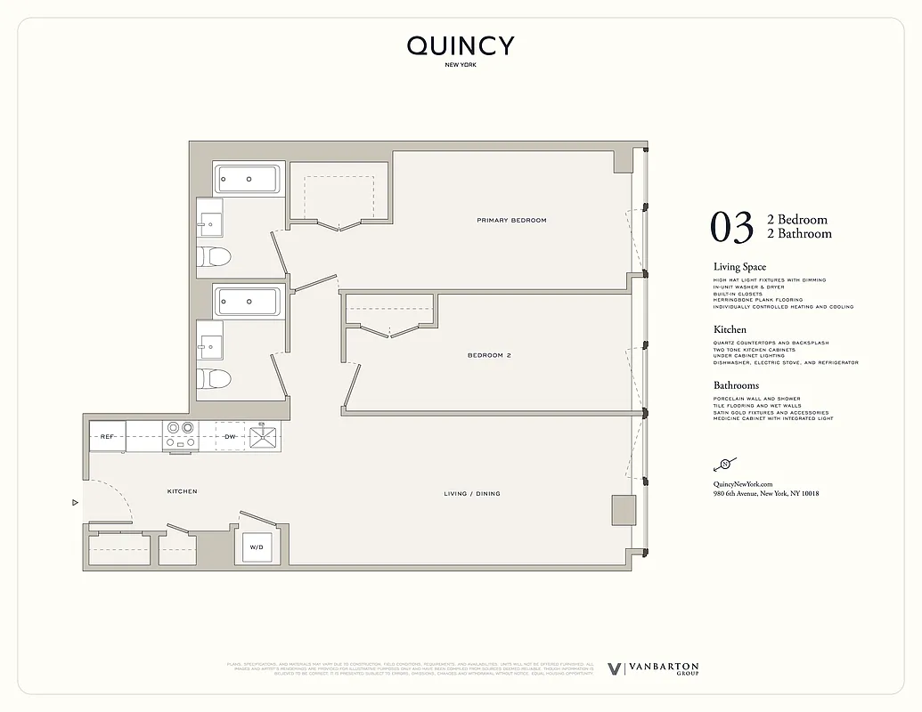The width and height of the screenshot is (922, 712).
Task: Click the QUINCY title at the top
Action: (x=461, y=46)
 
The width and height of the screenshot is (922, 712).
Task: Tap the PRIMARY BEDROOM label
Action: (x=511, y=220)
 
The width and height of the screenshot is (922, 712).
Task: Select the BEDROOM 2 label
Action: (x=489, y=355)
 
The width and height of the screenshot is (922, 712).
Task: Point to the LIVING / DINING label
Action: (x=472, y=493)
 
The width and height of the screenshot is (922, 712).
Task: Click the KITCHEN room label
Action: (x=182, y=491)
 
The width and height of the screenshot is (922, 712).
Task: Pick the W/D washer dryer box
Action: (x=256, y=546)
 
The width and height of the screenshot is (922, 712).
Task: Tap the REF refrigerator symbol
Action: (x=107, y=437)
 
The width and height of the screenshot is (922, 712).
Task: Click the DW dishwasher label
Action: (x=230, y=437)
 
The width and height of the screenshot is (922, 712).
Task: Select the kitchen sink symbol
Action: (x=265, y=436)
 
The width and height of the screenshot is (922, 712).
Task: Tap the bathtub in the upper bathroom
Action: (x=248, y=179)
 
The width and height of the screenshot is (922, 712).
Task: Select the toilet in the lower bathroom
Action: (x=215, y=379)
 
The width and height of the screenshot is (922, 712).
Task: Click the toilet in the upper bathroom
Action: (x=215, y=258)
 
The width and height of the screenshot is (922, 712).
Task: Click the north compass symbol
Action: (x=724, y=464)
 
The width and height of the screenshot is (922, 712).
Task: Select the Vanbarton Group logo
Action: (x=653, y=669)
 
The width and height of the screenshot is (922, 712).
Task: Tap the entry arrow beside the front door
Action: (x=75, y=503)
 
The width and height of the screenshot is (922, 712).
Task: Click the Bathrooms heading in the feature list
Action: (x=736, y=385)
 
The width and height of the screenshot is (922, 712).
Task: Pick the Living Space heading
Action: (x=739, y=267)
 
